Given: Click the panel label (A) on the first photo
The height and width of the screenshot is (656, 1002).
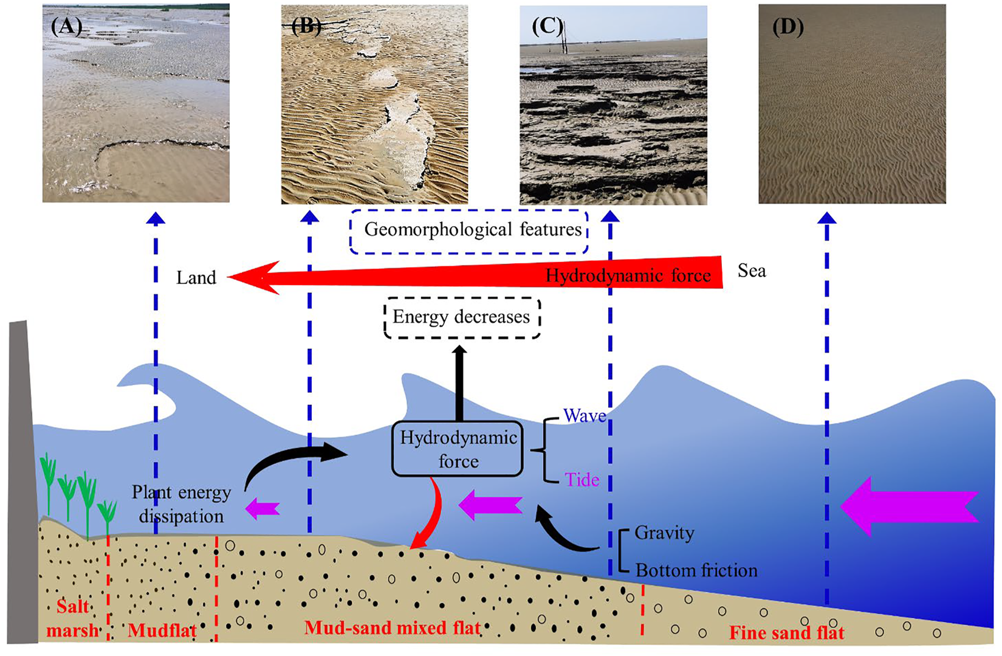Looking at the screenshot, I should point(66,27).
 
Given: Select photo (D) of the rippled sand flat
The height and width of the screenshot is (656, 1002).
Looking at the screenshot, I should point(852,104).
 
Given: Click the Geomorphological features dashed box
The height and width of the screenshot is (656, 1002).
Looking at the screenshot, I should point(468,231).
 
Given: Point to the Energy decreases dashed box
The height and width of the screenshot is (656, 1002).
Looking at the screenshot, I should point(462,317).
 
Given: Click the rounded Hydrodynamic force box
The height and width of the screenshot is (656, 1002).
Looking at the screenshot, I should point(458,449).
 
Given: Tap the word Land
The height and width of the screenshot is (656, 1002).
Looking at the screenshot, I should point(196,278).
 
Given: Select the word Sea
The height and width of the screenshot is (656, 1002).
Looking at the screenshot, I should point(752,271).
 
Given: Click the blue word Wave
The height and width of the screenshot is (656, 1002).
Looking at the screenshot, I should point(584,416).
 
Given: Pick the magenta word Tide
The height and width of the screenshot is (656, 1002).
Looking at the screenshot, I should point(582,480).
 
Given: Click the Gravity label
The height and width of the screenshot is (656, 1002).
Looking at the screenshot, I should point(664,533).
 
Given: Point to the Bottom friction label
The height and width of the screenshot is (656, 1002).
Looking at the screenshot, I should point(696,570).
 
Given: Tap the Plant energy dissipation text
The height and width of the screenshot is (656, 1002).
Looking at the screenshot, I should point(181,504).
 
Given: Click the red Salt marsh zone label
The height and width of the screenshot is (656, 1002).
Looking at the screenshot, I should point(72,618).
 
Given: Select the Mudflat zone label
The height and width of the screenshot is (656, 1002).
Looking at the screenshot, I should point(162,630).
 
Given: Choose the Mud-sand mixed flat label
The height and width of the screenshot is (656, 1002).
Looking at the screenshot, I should point(393,627).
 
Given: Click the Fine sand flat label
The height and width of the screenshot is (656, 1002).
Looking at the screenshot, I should point(786,633).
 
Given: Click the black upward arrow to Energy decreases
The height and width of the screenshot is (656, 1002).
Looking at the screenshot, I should point(459,383).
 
